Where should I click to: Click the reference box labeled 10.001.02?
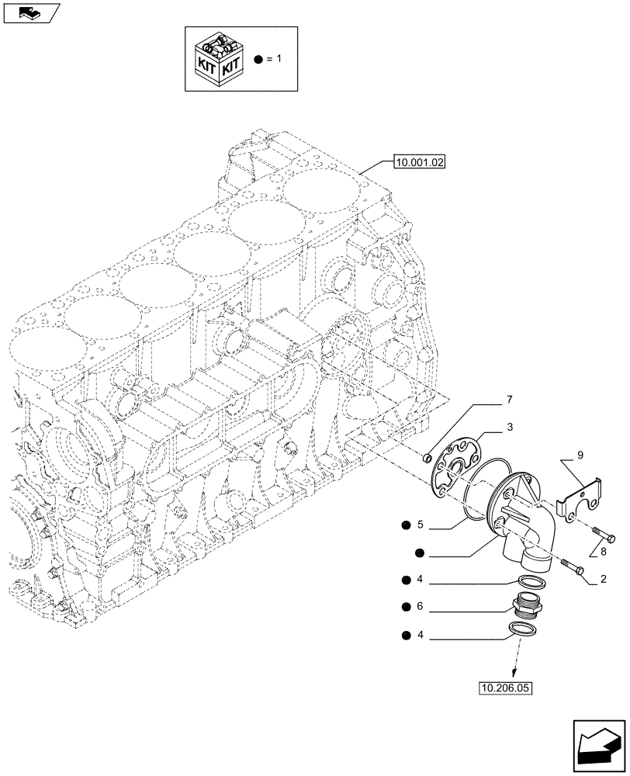point(418,163)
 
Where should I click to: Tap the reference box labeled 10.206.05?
point(508,687)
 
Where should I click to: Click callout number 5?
point(420,525)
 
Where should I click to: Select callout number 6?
point(420,606)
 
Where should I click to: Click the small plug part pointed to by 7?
point(427,461)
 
